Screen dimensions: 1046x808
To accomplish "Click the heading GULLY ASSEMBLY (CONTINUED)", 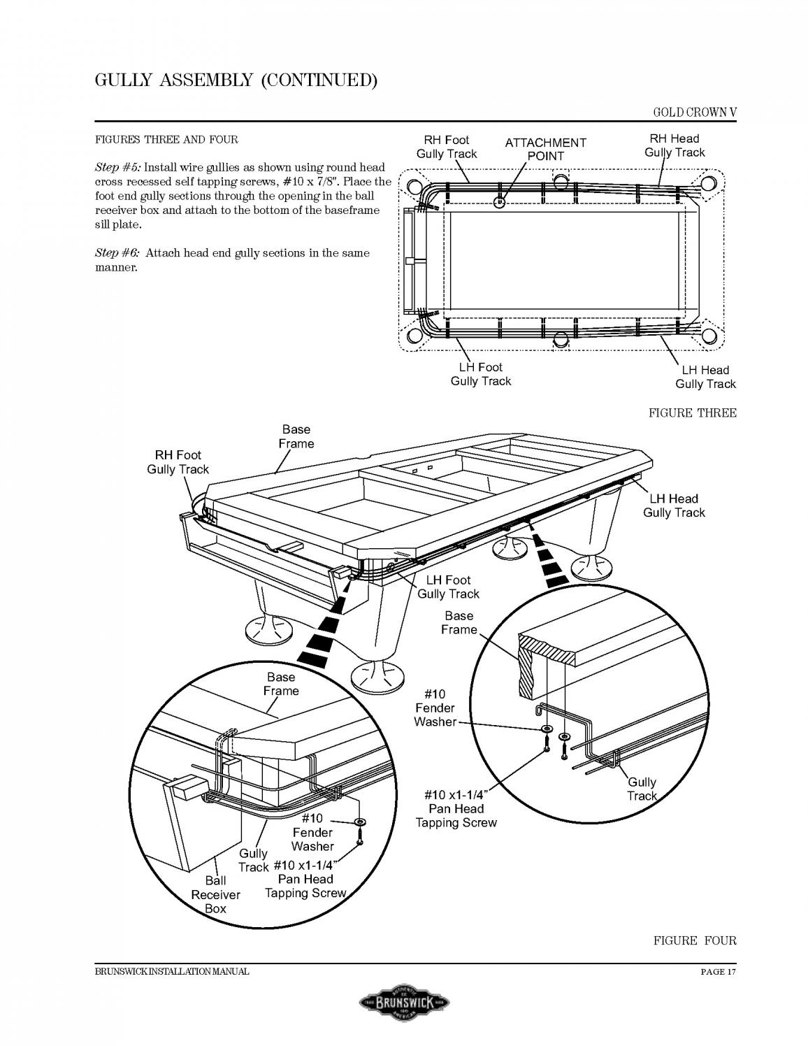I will (236, 80).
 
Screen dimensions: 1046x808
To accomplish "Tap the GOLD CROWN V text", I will (695, 112).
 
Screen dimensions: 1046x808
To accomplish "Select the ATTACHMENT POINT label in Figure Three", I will (545, 149).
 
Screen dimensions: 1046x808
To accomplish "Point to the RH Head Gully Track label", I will (674, 145).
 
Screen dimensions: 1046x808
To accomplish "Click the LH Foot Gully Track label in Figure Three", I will (481, 374).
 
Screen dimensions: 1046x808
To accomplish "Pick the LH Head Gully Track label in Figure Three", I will (705, 377).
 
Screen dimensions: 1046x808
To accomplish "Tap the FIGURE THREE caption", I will (692, 413).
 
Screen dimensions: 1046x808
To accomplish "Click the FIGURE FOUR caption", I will (695, 940).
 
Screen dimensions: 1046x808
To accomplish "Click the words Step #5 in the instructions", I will (117, 167).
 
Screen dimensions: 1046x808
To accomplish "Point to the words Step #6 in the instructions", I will (117, 253).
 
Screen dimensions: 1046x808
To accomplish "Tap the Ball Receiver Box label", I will (215, 895).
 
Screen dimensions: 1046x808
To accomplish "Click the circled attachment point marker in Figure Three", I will (499, 202).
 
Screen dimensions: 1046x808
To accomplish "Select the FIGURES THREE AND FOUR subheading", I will (166, 139).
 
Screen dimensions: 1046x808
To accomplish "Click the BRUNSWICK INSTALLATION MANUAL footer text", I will (172, 972).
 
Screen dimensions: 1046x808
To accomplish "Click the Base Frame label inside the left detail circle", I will (281, 684).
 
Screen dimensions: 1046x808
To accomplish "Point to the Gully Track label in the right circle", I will (642, 789).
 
